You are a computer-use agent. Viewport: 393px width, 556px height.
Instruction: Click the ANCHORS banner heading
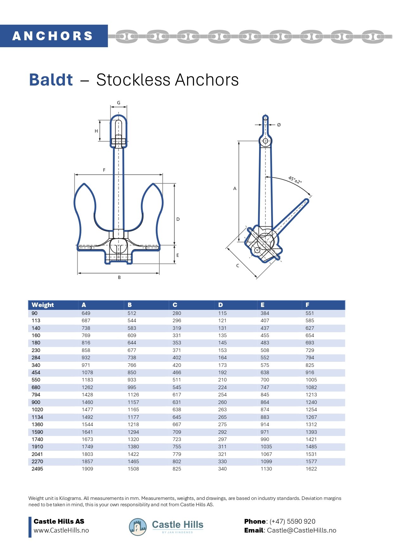pos(53,36)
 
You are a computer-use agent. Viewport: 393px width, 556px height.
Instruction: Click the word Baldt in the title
pos(51,80)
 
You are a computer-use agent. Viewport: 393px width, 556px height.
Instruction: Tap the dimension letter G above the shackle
pos(119,103)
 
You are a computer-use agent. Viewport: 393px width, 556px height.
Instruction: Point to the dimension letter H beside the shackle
pos(96,131)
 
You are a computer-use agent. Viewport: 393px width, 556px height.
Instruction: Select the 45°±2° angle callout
pos(295,180)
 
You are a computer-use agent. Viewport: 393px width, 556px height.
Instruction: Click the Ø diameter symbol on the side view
pos(279,125)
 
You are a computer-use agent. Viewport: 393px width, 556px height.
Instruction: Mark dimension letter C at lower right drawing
pos(238,265)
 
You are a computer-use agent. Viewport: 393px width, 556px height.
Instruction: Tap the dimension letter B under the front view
pos(119,277)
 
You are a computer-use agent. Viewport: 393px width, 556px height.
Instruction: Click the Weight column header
pos(43,305)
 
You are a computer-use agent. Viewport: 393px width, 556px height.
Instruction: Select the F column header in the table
pos(307,305)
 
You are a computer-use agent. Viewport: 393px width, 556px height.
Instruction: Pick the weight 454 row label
pos(36,373)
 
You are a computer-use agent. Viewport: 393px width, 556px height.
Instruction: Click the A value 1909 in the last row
pos(87,469)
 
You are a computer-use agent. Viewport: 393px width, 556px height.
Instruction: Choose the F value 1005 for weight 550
pos(311,380)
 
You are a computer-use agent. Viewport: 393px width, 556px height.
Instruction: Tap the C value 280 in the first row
pos(177,313)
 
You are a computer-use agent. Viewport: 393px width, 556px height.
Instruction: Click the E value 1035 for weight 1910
pos(266,447)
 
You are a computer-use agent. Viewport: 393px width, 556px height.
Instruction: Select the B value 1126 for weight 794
pos(133,395)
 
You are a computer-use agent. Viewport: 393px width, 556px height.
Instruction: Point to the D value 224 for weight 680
pos(222,387)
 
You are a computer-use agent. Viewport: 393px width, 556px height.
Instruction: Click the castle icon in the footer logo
pos(138,527)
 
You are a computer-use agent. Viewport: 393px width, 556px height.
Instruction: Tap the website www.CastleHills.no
pos(61,530)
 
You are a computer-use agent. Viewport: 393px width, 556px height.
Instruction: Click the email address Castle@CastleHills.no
pos(301,530)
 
